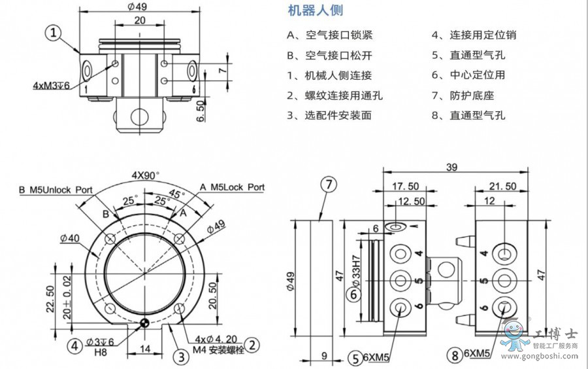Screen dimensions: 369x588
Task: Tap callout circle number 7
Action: (x=330, y=184)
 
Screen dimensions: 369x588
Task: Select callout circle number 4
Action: (x=76, y=345)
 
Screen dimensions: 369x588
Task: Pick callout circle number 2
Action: (x=253, y=345)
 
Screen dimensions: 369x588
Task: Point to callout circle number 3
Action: (x=181, y=357)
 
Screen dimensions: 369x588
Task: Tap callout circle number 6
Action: (x=353, y=294)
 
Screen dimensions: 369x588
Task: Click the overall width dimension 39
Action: (x=452, y=167)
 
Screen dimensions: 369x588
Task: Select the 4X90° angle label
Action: (x=146, y=175)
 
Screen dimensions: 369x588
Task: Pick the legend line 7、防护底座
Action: (x=463, y=96)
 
